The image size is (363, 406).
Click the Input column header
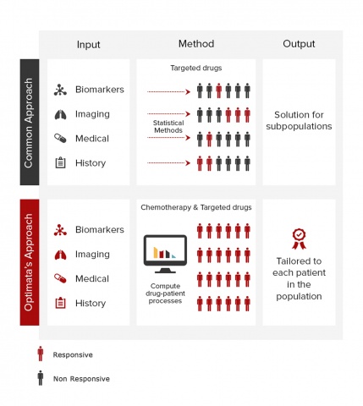point(88,45)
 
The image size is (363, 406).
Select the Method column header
point(196,44)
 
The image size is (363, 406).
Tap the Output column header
point(299,44)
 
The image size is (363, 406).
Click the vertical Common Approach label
point(29,123)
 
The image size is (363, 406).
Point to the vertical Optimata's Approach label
point(29,262)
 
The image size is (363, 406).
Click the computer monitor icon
point(165,254)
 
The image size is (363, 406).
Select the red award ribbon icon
point(299,239)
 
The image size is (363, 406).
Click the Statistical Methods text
point(168,127)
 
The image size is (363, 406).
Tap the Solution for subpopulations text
point(299,120)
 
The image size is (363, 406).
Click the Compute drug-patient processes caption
point(165,294)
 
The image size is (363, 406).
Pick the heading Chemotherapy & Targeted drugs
point(196,207)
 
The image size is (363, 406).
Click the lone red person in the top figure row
point(218,91)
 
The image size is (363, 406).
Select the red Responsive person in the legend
point(41,354)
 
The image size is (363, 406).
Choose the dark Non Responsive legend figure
point(41,378)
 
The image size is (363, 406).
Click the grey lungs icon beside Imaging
point(60,114)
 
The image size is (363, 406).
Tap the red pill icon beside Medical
point(60,278)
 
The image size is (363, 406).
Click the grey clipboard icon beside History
point(60,162)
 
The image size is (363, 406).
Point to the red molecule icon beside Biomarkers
point(60,230)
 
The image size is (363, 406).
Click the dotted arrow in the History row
point(168,162)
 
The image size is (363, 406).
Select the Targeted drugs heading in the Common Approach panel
point(196,68)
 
